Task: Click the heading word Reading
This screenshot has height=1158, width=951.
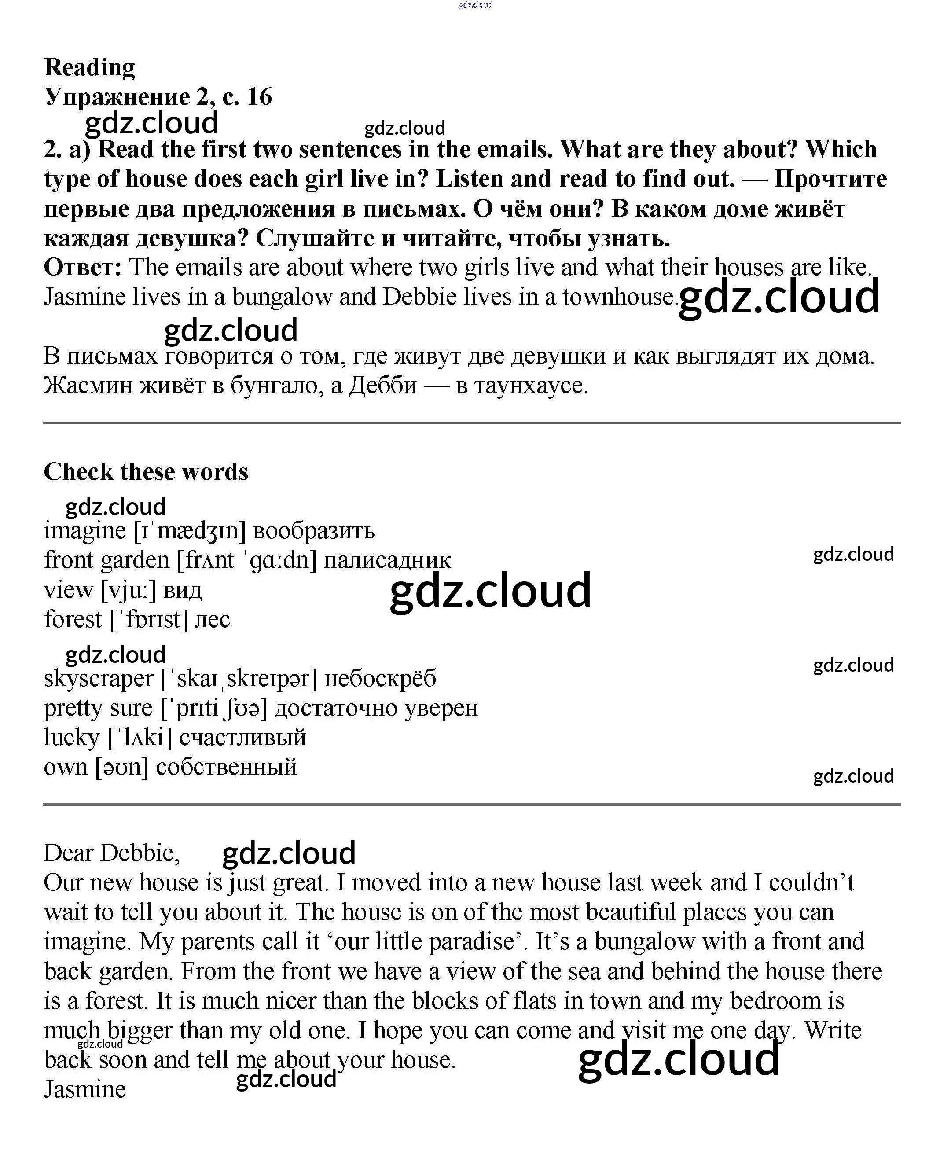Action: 89,68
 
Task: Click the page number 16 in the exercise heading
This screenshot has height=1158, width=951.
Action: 260,97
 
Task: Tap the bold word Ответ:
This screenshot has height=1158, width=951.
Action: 83,267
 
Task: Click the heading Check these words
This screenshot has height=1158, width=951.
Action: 146,472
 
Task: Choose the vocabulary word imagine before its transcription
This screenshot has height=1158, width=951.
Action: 85,531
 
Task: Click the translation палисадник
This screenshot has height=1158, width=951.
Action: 387,560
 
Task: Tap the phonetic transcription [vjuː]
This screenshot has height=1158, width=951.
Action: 128,590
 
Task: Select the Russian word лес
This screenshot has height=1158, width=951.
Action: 213,620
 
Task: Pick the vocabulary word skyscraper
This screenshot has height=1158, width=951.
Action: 99,679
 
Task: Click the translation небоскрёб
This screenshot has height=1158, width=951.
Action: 380,679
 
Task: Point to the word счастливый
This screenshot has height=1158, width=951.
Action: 242,738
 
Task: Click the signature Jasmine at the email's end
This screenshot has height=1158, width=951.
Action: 85,1089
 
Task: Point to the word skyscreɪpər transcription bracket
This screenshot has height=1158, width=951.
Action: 239,679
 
